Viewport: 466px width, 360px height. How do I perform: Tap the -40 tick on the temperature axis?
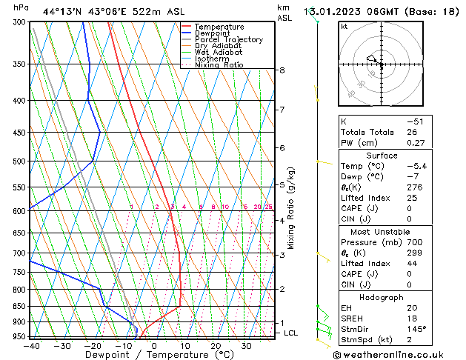coord(31,345)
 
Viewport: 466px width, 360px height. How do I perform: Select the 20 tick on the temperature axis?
coord(216,345)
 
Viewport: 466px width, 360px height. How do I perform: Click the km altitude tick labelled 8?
coord(282,70)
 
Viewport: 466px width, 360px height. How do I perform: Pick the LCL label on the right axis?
coord(291,333)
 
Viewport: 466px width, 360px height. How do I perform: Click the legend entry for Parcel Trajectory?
coord(228,40)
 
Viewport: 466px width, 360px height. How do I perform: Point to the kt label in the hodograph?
coord(344,26)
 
